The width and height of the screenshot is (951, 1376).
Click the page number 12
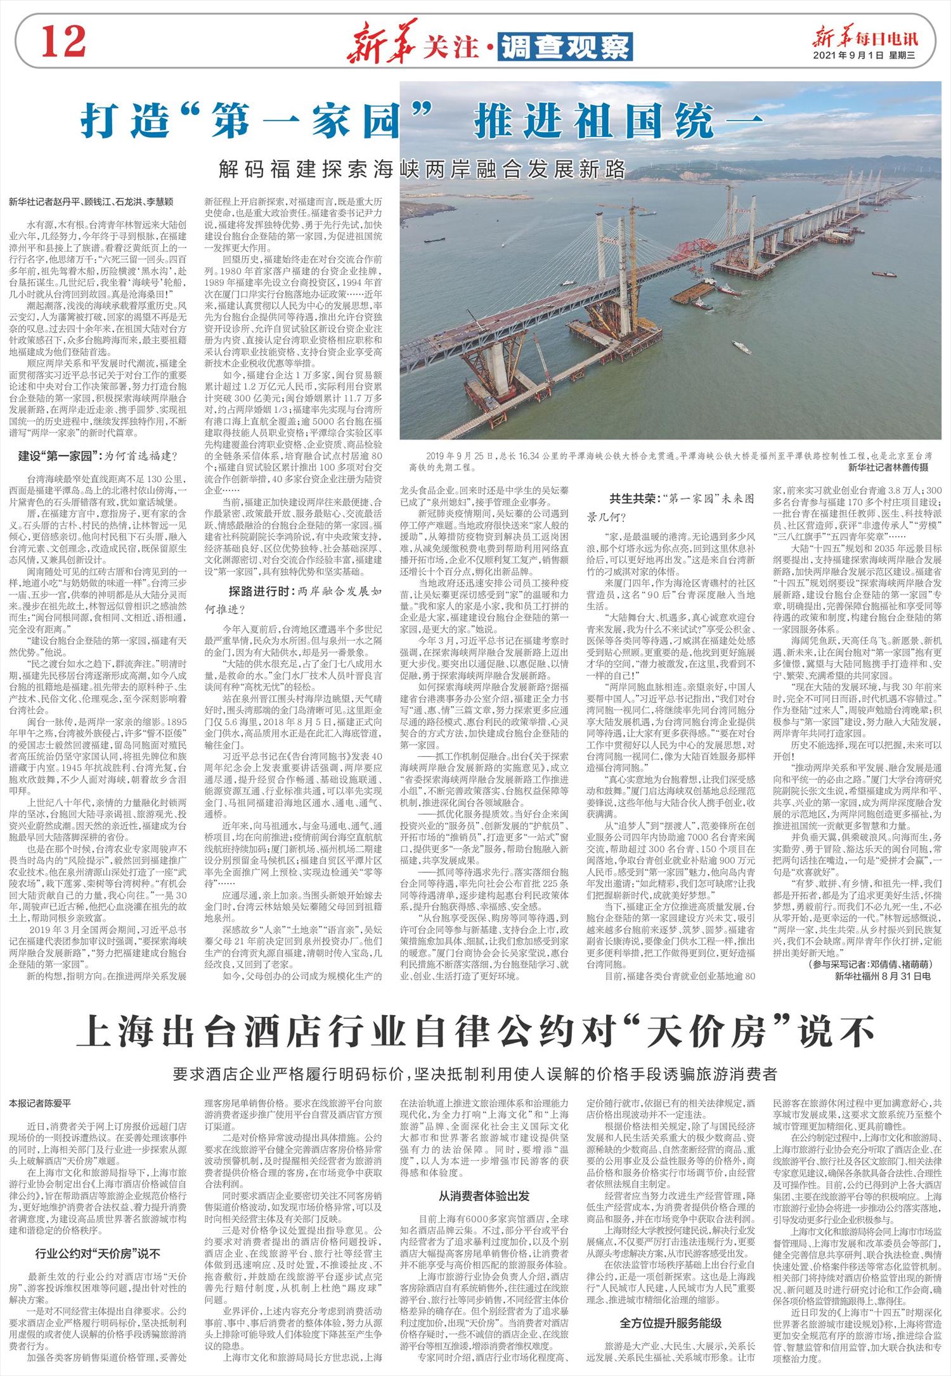[64, 43]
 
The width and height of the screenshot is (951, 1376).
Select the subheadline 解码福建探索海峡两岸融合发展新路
[422, 169]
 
